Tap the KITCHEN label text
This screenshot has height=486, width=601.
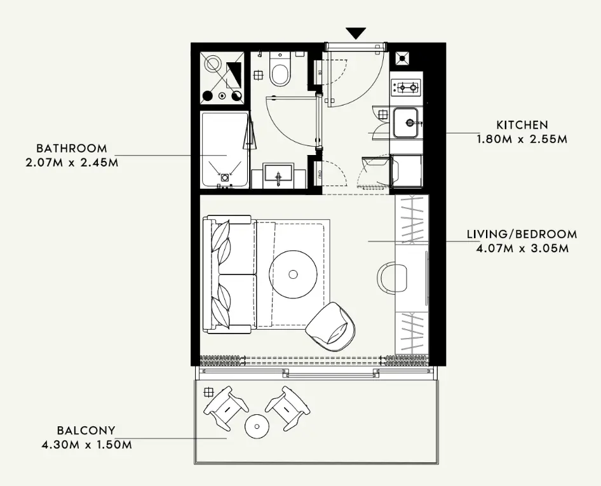522,125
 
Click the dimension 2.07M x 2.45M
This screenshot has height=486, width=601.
72,161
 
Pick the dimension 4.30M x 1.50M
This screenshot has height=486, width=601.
85,444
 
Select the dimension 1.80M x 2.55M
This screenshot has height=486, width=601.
522,138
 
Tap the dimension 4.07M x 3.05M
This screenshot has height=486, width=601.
522,248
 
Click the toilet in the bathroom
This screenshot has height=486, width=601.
280,70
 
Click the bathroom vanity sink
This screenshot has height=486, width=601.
278,174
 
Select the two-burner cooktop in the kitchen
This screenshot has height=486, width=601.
407,86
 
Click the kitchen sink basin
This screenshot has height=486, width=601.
406,122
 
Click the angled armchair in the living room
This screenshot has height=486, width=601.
330,327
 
